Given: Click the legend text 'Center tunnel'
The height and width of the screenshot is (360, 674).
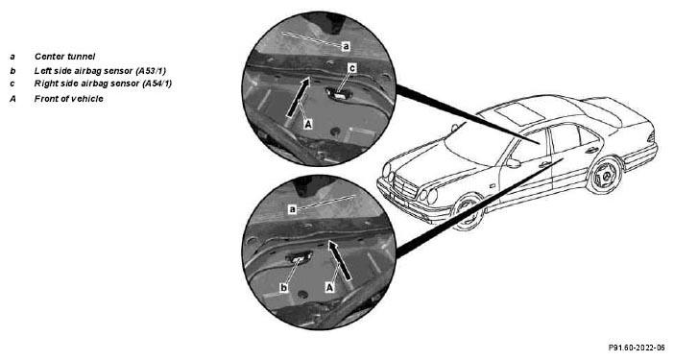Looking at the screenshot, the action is click(x=64, y=57).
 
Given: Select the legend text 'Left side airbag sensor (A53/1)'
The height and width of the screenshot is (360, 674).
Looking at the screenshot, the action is click(x=100, y=70).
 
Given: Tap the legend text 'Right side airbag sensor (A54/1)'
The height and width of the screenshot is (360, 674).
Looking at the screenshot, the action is click(x=103, y=84).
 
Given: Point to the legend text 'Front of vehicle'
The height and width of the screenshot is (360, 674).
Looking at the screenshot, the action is click(x=69, y=98).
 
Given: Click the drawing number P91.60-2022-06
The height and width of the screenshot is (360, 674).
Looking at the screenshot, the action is click(x=637, y=347).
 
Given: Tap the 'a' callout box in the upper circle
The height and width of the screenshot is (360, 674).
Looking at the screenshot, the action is click(x=346, y=45).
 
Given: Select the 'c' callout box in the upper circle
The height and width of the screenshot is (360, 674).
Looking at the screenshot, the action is click(x=352, y=68).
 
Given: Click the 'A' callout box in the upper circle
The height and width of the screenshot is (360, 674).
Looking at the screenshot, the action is click(x=308, y=124).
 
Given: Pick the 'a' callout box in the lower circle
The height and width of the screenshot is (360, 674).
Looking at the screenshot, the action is click(x=293, y=209).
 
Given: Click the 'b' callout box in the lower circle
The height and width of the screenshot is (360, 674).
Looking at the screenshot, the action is click(x=283, y=287).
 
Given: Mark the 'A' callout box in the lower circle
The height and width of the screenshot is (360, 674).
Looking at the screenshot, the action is click(x=329, y=287).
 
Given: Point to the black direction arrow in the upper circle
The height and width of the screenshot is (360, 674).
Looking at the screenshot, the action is click(x=298, y=97).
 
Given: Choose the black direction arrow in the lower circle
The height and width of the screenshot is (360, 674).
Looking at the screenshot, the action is click(x=340, y=259).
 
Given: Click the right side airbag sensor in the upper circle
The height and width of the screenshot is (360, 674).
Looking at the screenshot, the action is click(x=337, y=93).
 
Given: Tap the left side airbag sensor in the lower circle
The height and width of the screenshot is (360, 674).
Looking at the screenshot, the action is click(x=297, y=258).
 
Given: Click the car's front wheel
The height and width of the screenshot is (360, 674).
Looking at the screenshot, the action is click(x=468, y=212).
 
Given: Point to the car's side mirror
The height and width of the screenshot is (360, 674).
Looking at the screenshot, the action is click(x=514, y=163).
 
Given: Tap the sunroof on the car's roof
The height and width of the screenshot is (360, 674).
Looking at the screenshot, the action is click(x=518, y=113).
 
